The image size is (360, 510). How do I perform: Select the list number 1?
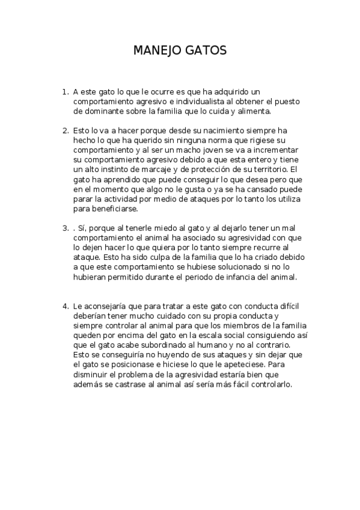click(65, 92)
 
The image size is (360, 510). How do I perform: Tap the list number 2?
click(65, 130)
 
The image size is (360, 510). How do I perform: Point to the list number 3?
click(65, 229)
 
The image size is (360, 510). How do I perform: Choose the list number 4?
click(65, 306)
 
